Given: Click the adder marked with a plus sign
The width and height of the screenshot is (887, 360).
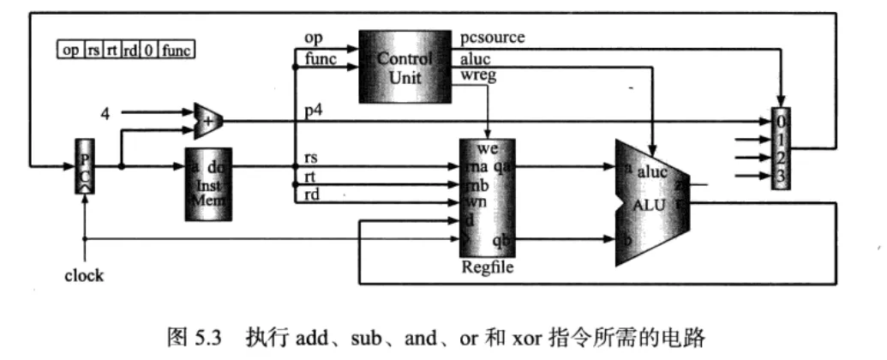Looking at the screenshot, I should (x=206, y=122).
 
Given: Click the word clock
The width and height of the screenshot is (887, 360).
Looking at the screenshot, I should (x=84, y=275).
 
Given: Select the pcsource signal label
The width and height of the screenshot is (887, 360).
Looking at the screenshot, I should (x=492, y=38).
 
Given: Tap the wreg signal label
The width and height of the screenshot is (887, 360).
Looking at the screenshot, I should (x=478, y=76).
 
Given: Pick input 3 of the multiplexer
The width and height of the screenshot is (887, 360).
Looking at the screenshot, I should (x=782, y=177).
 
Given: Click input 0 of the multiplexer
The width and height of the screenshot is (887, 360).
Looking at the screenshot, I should (x=782, y=121).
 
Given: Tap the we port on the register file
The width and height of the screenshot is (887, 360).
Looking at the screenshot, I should (x=488, y=149).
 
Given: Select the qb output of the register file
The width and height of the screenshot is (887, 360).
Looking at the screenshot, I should (x=502, y=242).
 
